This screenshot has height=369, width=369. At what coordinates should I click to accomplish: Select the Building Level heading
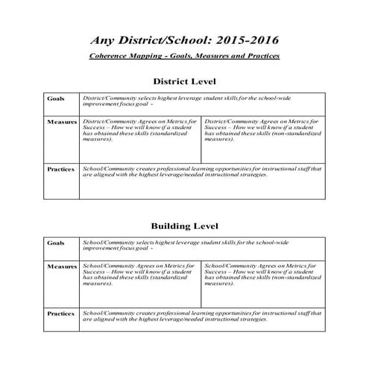(184, 225)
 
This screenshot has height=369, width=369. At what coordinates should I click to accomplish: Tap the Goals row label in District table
(56, 98)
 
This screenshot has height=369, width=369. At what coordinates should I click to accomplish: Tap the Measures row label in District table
(62, 121)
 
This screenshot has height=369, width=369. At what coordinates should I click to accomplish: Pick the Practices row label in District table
(60, 169)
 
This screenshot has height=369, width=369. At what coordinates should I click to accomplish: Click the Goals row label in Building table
(56, 242)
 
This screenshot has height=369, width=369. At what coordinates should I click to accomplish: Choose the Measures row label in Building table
(62, 265)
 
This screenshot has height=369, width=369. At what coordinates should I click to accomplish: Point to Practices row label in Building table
(60, 314)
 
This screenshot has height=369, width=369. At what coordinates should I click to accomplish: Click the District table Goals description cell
(201, 102)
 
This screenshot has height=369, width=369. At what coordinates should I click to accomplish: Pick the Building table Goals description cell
(201, 246)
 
